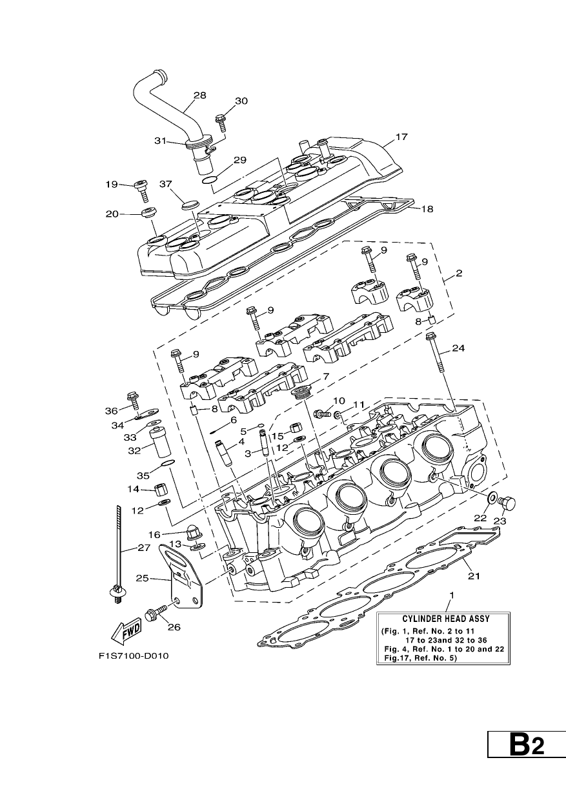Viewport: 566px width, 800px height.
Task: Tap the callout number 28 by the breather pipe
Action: click(x=200, y=95)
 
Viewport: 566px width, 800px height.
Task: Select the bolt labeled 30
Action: click(x=221, y=122)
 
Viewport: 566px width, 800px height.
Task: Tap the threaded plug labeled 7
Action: click(x=301, y=392)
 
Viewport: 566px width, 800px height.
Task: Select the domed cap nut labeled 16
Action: click(x=194, y=534)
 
